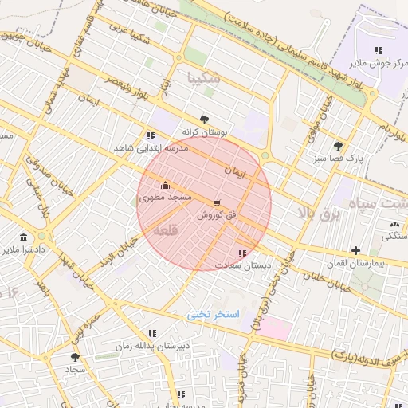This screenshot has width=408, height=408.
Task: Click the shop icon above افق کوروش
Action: point(218,202)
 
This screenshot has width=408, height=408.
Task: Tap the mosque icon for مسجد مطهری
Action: point(166,185)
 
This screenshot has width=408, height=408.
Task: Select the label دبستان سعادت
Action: point(242,265)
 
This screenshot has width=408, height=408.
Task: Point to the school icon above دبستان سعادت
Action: point(242,253)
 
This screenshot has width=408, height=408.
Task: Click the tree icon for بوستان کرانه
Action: point(205,119)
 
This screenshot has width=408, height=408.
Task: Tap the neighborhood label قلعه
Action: point(165,230)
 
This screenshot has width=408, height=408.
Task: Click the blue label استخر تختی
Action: point(213,314)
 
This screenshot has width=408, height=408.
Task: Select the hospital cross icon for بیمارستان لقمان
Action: point(355,251)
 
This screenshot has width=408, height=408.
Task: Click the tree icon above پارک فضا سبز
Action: point(338,146)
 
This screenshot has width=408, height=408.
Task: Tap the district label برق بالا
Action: point(319,213)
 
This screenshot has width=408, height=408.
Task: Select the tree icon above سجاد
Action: point(75,358)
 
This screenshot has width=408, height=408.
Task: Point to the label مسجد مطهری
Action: point(166,196)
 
